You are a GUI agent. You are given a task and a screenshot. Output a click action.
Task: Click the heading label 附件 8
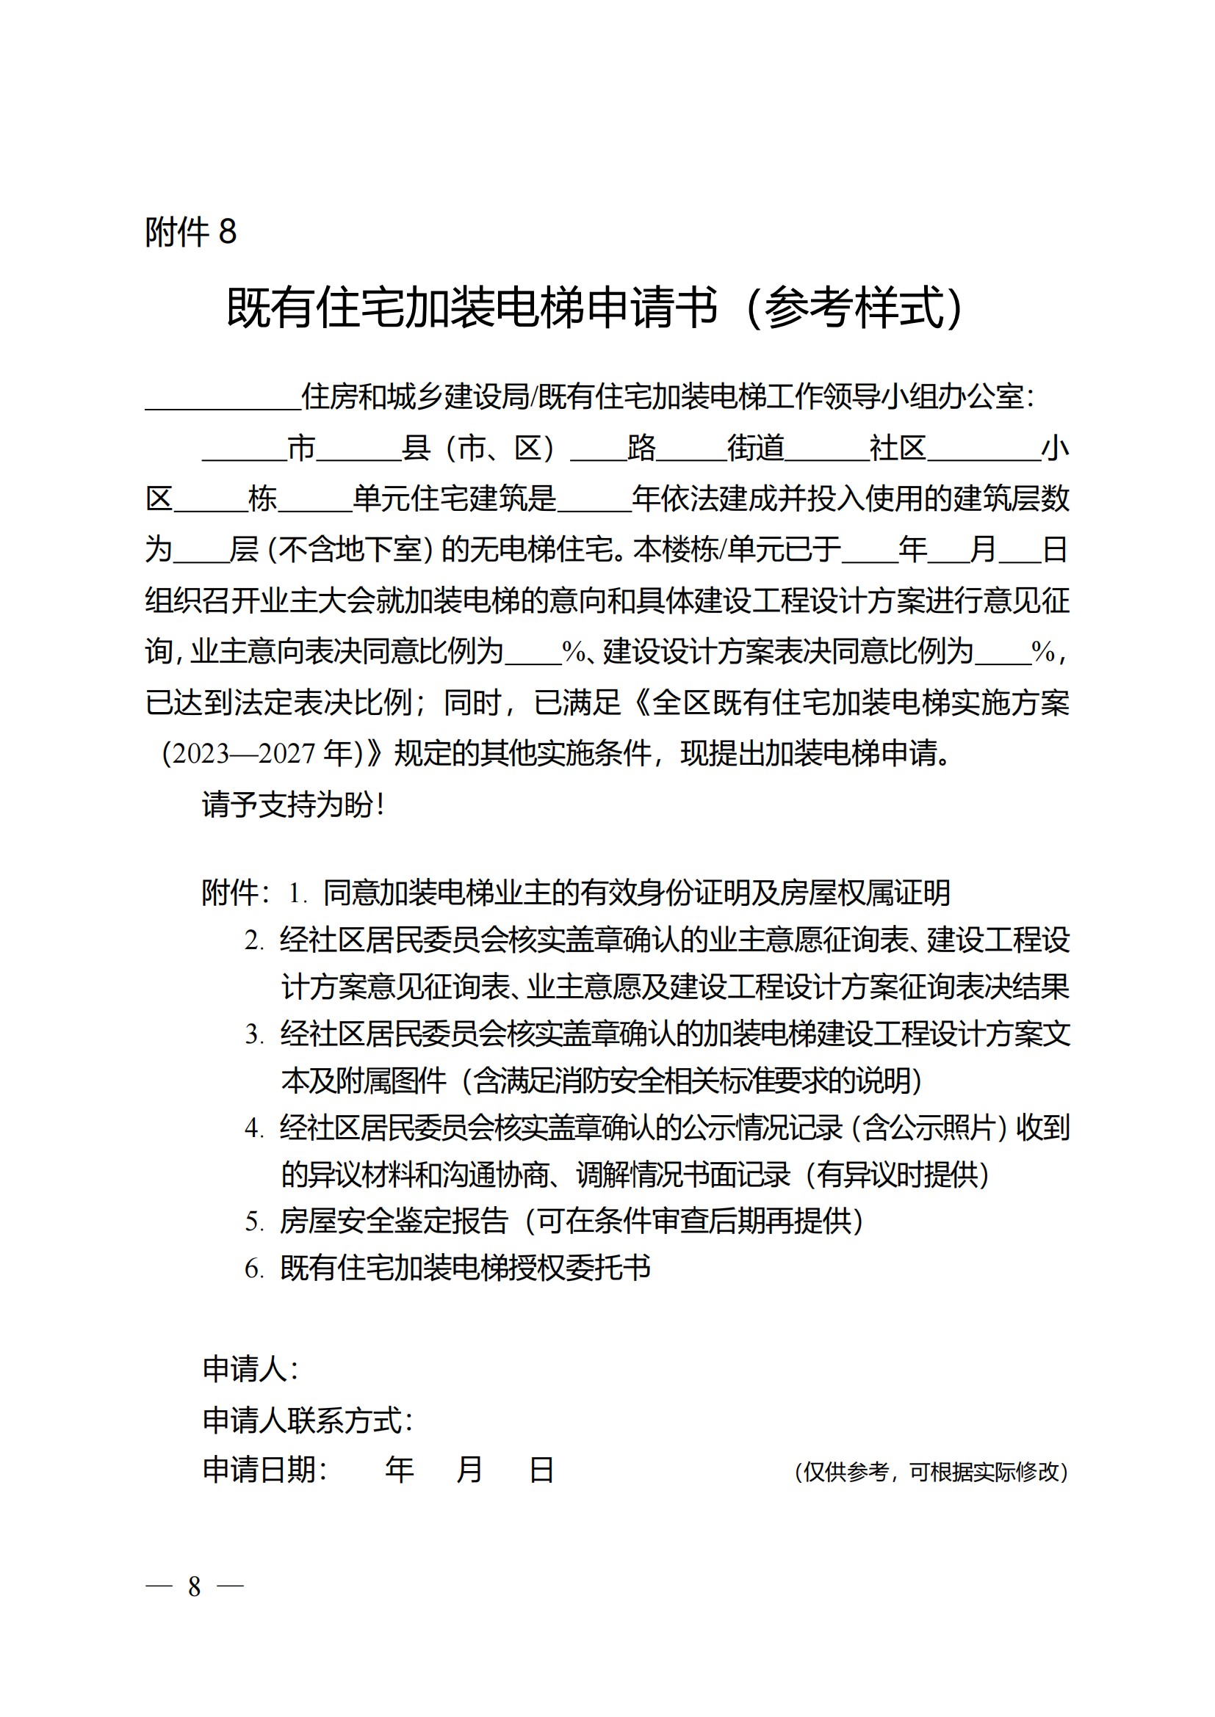point(191,232)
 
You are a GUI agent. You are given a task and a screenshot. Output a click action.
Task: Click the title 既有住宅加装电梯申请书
point(472,308)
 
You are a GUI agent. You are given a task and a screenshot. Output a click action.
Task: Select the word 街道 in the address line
point(756,449)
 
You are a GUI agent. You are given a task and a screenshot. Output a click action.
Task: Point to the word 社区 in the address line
point(897,449)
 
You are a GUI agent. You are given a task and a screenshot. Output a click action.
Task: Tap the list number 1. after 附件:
point(298,893)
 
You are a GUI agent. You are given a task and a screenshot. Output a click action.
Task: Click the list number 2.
point(254,940)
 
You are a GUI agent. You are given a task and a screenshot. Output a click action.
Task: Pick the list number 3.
point(254,1034)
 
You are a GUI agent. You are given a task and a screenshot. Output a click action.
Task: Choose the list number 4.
point(254,1128)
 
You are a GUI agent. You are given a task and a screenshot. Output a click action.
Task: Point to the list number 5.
point(254,1222)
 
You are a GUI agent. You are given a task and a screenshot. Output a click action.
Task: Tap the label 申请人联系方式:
point(308,1420)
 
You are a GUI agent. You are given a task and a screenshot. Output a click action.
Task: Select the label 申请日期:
point(265,1470)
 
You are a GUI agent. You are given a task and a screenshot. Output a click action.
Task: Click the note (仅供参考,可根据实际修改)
point(931,1473)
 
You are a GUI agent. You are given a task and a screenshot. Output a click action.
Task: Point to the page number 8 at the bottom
point(195,1586)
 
